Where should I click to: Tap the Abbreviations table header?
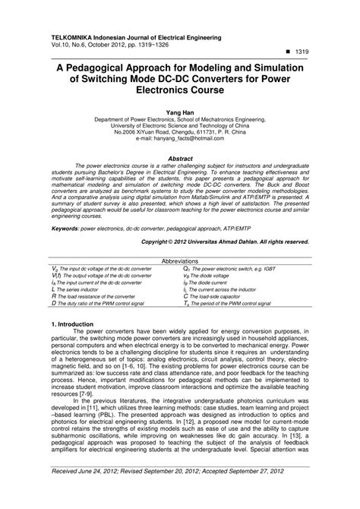(x=179, y=261)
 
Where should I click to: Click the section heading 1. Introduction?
(x=74, y=324)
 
